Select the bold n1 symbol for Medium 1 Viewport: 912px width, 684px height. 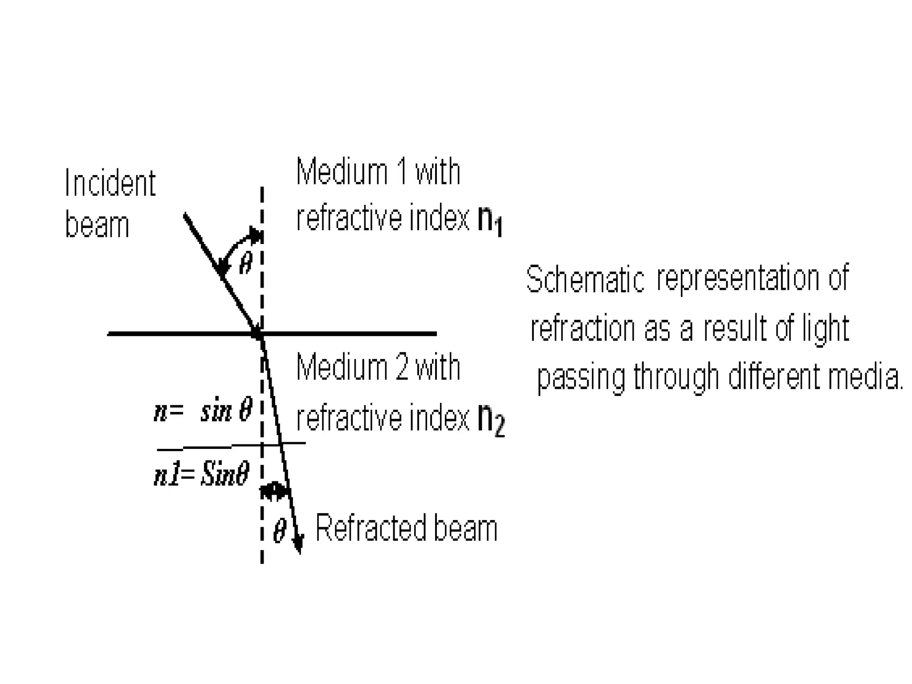pos(490,220)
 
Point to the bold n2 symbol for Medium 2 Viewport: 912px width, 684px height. pos(491,421)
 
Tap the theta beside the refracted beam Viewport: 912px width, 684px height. pos(279,530)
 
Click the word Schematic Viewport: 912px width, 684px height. pos(585,279)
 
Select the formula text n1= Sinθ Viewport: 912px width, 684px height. pos(201,474)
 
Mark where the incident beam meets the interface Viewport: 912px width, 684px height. pos(259,334)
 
